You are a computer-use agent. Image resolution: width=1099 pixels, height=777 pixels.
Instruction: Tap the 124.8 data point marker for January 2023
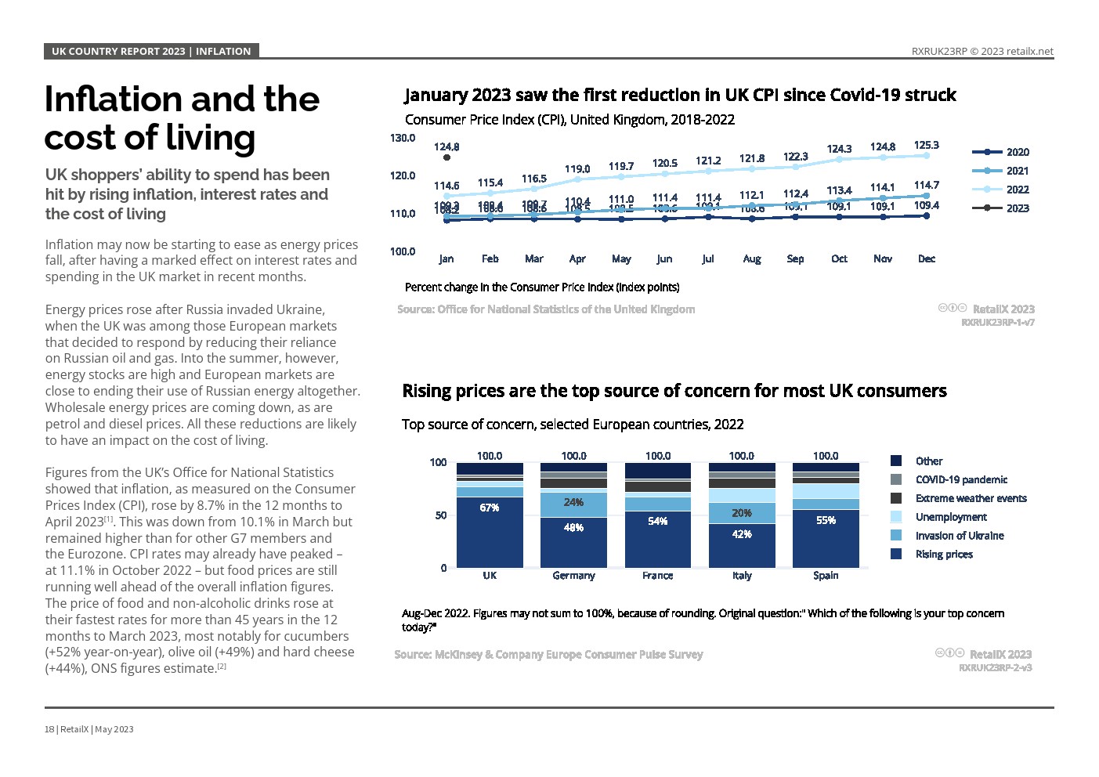(x=446, y=157)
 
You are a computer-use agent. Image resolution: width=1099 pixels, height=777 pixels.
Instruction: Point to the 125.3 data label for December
(x=926, y=145)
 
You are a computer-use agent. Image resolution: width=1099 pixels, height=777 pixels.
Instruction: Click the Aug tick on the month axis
(x=751, y=258)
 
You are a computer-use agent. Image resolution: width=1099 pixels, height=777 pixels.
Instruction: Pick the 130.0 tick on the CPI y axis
(x=403, y=138)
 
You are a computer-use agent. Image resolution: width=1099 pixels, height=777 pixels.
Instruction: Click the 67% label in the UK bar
(x=490, y=508)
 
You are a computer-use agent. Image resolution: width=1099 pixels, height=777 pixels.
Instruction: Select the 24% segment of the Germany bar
(x=573, y=503)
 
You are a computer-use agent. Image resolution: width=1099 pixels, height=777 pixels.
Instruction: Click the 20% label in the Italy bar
(x=742, y=513)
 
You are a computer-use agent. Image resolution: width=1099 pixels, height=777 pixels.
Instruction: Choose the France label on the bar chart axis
(x=657, y=576)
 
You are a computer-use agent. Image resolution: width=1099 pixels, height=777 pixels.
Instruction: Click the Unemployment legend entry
(x=950, y=517)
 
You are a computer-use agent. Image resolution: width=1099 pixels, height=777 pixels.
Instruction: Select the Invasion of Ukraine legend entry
(x=959, y=536)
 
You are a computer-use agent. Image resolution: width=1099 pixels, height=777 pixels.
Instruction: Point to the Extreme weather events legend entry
(x=971, y=498)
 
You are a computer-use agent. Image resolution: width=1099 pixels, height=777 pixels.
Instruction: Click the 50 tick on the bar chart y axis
(x=441, y=515)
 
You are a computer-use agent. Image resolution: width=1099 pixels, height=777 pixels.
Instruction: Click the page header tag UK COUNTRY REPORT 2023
(x=118, y=52)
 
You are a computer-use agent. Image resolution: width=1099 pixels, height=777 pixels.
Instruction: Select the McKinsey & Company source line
(x=548, y=655)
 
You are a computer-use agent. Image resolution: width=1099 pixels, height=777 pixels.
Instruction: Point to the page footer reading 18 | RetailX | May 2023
(x=89, y=729)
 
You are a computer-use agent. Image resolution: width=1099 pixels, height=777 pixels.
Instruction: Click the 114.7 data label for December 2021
(x=926, y=185)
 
